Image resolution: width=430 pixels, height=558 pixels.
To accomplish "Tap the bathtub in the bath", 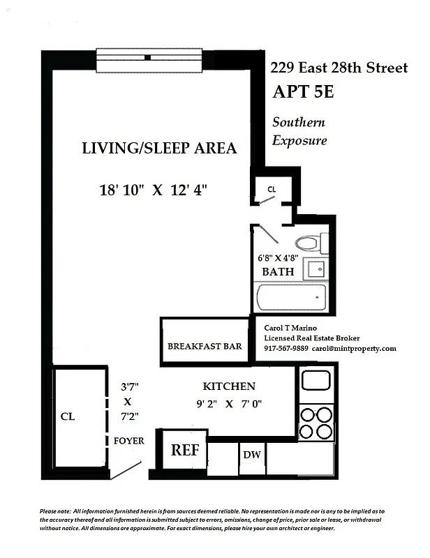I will click(291, 298).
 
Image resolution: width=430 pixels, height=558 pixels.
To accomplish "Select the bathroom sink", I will click(317, 269).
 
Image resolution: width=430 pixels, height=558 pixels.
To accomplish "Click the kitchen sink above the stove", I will click(316, 382).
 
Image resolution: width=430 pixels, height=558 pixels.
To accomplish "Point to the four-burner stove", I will click(316, 421).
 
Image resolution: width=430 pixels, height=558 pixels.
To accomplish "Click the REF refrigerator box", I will click(185, 450).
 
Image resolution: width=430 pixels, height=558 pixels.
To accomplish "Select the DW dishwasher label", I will click(252, 455).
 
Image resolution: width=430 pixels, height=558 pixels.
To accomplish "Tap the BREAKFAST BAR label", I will click(205, 346).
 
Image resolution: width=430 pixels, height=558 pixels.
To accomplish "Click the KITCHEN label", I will click(229, 386).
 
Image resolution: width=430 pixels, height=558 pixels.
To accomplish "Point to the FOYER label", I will click(128, 441).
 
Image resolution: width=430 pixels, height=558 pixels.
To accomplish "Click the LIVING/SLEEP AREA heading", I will click(159, 148).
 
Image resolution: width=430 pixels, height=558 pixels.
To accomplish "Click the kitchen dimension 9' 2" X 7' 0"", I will click(229, 402).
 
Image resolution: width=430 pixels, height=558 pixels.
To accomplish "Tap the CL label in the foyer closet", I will click(68, 416).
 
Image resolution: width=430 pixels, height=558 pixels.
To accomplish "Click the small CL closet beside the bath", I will click(272, 189).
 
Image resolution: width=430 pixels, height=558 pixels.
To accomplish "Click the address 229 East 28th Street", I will click(339, 68).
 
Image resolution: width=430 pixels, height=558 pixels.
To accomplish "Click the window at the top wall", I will click(149, 56).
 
